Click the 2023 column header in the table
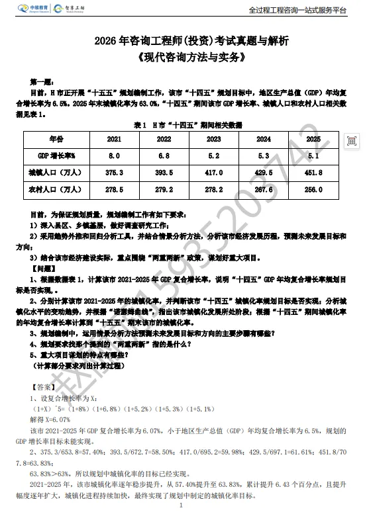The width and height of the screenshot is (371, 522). coord(213,140)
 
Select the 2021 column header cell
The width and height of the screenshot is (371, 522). coord(114,140)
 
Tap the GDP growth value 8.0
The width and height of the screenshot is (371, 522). coord(114,155)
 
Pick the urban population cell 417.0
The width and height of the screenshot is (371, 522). coord(213,172)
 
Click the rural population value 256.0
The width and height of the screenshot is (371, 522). coord(313,189)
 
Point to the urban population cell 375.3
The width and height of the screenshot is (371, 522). coord(114,172)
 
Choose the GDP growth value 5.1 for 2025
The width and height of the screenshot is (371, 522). coord(313,155)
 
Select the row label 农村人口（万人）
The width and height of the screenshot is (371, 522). coord(55,189)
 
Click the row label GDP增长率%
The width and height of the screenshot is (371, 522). coord(55,155)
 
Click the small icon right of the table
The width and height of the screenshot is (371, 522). coord(352,140)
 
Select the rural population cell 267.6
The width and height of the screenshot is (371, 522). coord(263,189)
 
